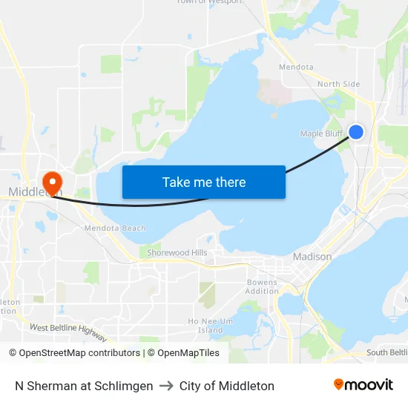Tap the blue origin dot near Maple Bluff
click(x=356, y=132)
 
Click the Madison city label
click(x=312, y=257)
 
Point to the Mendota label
click(x=296, y=67)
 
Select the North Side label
click(x=338, y=84)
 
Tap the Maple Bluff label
click(x=320, y=134)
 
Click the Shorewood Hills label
click(x=177, y=253)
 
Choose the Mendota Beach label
click(x=115, y=228)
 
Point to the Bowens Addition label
click(x=262, y=287)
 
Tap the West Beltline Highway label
click(x=68, y=332)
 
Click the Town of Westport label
click(x=208, y=2)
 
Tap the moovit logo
click(x=363, y=385)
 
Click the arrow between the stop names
click(x=166, y=386)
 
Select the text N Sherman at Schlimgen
click(x=84, y=386)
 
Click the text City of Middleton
click(x=227, y=386)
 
